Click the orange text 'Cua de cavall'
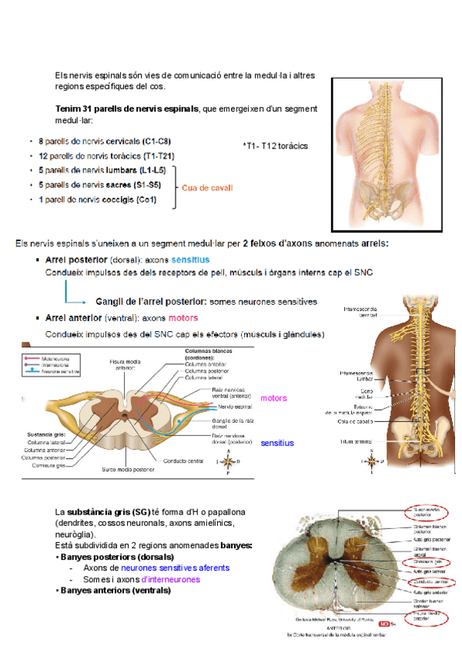(x=207, y=188)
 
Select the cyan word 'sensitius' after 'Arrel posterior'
(x=190, y=260)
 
